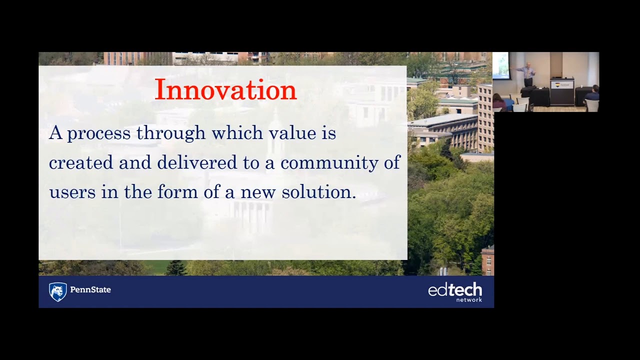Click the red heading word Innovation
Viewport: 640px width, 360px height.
(x=225, y=90)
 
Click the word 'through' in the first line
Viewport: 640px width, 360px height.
(x=171, y=133)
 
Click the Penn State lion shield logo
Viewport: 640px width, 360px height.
(x=57, y=291)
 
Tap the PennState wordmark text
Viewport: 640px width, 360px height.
(x=90, y=290)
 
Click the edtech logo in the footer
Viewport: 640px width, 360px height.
(x=455, y=290)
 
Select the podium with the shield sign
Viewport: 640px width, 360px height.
(x=562, y=91)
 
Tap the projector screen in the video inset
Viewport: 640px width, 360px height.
(x=500, y=65)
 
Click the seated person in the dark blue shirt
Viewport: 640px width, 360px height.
(x=592, y=95)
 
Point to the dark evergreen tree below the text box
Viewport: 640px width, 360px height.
(x=175, y=268)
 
